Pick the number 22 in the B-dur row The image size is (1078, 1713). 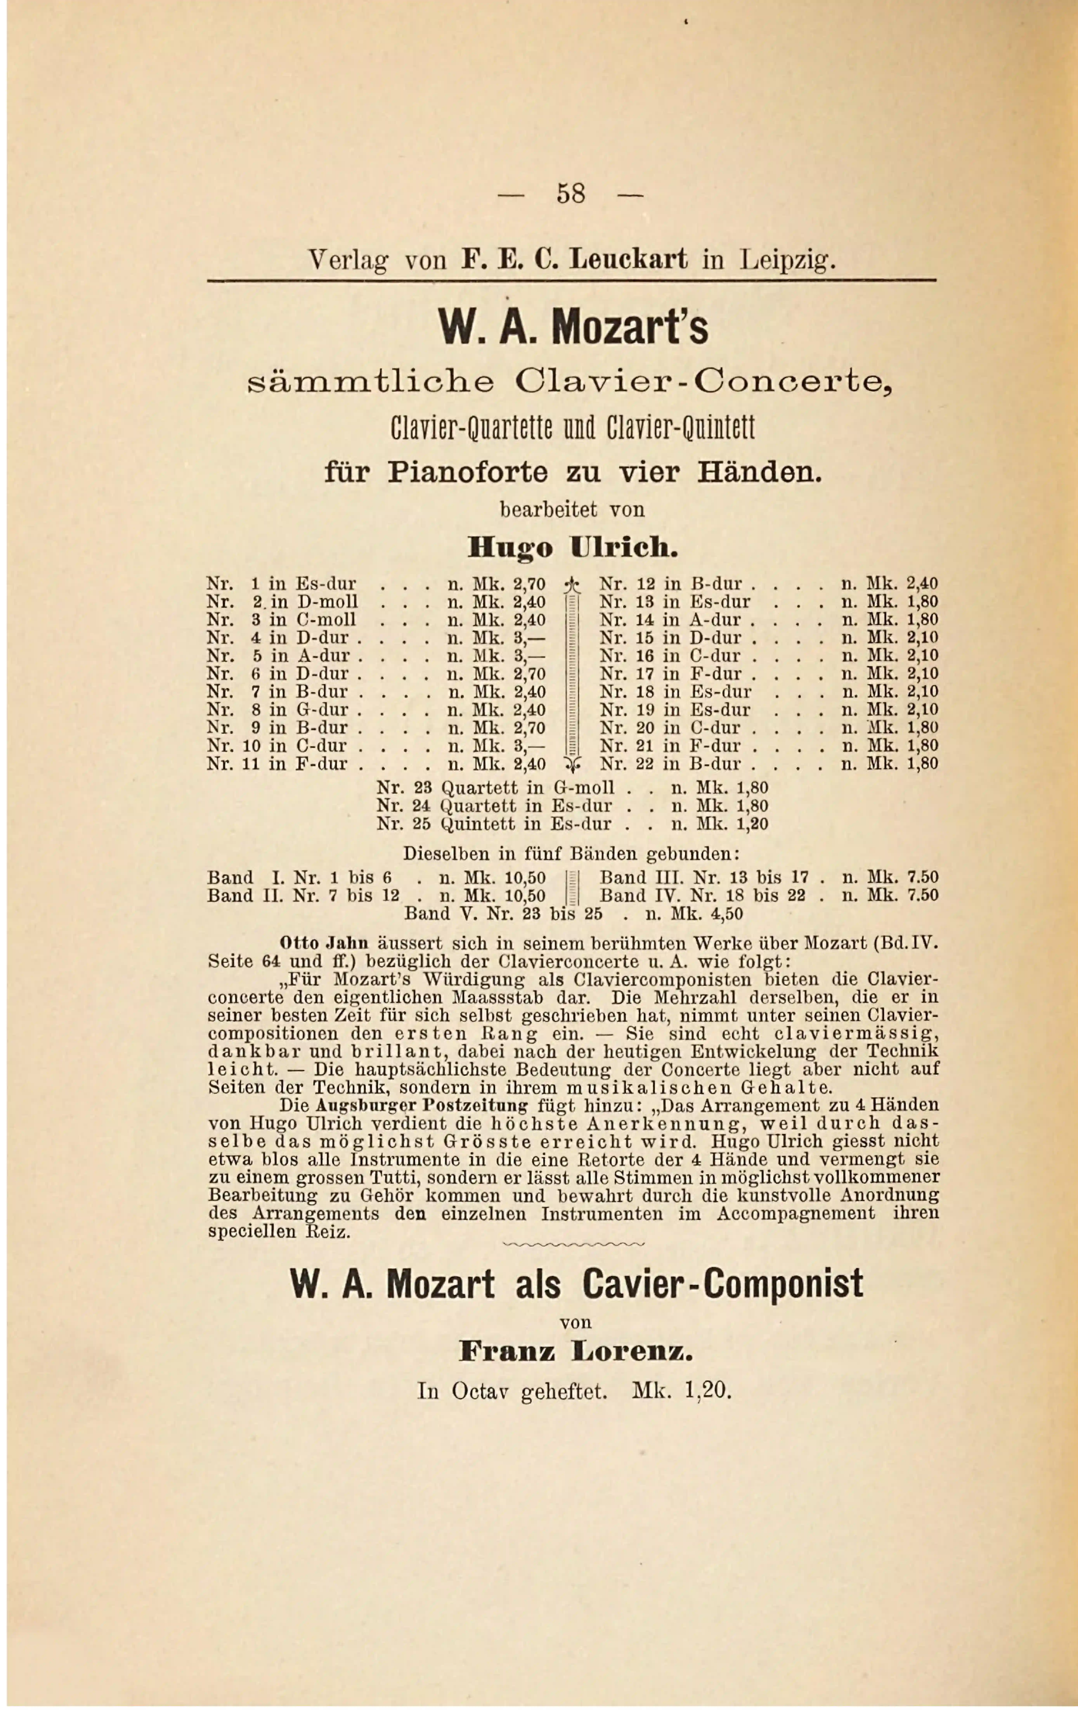coord(645,764)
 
